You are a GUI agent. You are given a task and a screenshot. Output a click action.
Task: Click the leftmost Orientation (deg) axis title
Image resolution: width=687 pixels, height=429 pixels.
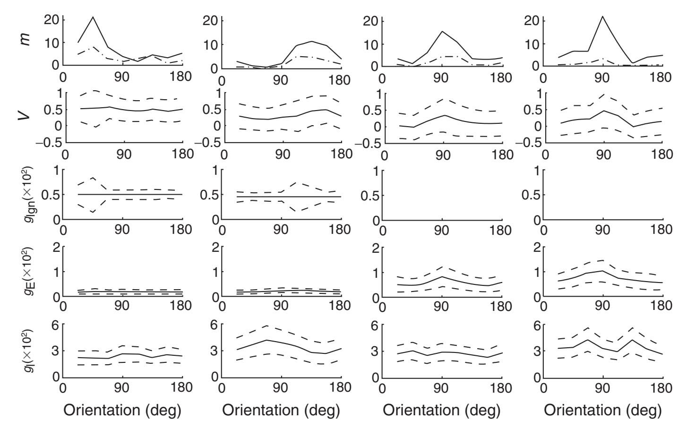[122, 410]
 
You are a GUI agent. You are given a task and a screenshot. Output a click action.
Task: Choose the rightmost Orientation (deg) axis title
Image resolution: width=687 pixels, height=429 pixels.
[602, 410]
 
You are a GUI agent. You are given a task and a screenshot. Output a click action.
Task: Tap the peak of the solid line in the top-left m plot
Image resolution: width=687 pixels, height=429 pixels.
[93, 17]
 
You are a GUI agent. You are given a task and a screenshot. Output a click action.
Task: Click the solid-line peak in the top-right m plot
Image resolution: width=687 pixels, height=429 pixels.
[602, 16]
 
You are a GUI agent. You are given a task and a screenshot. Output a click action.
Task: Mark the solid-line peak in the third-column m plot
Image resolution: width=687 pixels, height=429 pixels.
[442, 31]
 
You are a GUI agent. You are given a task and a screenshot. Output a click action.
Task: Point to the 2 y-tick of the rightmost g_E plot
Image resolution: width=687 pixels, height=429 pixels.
[535, 247]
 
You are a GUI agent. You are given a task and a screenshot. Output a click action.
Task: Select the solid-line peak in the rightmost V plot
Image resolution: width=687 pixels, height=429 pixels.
[603, 111]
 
